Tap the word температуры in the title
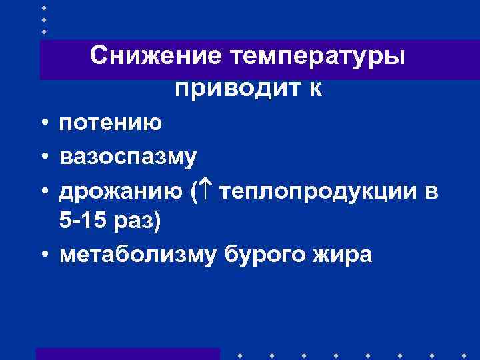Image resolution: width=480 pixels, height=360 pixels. point(317,56)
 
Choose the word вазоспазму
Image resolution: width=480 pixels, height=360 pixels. point(128,158)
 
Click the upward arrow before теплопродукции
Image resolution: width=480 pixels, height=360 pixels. point(205,192)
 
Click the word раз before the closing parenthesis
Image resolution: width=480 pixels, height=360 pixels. point(136,223)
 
